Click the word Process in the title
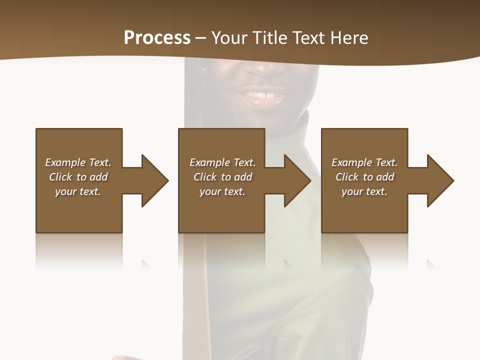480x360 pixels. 157,38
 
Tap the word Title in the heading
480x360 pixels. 268,38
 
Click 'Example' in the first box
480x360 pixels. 65,162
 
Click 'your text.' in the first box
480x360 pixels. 78,191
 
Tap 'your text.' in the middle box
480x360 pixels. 222,191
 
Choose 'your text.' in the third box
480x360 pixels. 364,191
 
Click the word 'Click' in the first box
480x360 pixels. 60,177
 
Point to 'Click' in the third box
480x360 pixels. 347,177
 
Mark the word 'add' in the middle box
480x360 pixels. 243,177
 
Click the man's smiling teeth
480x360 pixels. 262,94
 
